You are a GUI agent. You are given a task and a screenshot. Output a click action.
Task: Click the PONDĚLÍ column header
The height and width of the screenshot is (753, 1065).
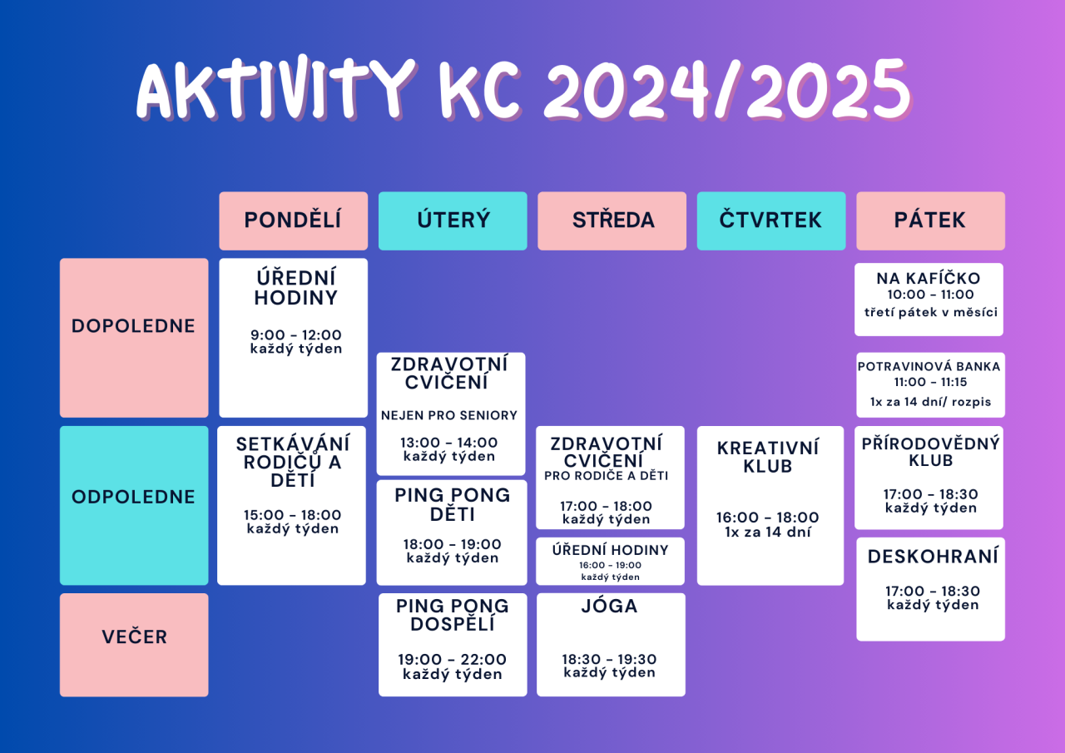[x=294, y=220]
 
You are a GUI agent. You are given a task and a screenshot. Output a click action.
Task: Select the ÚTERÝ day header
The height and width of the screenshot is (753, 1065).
[x=453, y=220]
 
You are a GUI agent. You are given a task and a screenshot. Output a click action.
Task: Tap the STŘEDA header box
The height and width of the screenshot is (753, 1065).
[x=612, y=220]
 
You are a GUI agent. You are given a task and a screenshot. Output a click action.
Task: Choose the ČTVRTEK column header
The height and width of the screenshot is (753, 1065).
[x=771, y=220]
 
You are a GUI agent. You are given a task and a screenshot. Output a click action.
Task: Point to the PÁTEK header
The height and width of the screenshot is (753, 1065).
[x=930, y=220]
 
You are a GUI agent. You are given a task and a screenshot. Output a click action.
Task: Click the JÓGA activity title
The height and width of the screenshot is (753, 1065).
[x=609, y=606]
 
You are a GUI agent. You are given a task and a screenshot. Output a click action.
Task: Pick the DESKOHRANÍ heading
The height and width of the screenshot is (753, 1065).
[x=933, y=556]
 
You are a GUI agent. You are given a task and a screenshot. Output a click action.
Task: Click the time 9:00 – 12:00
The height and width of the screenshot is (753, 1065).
[x=295, y=334]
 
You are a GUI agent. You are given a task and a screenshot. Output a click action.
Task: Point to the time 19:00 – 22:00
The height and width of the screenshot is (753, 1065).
[x=452, y=659]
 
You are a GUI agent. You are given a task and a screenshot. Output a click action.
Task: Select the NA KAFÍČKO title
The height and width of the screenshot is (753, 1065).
[x=929, y=278]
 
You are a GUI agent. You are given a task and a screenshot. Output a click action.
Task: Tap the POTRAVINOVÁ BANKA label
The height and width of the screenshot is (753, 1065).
[x=929, y=367]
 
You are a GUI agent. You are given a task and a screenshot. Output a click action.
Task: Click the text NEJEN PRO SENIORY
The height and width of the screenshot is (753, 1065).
[x=448, y=415]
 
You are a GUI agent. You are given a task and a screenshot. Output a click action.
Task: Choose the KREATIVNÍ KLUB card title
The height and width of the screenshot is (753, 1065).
[x=768, y=457]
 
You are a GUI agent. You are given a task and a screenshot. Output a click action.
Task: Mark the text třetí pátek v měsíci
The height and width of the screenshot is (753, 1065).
[x=930, y=312]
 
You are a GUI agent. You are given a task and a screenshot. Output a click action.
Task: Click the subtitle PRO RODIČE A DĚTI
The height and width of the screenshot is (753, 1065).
[x=607, y=476]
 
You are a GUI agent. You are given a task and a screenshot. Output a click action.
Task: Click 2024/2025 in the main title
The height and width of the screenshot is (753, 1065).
[x=727, y=91]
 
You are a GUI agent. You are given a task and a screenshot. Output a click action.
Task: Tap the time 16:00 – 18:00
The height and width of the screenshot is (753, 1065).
[x=767, y=518]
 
